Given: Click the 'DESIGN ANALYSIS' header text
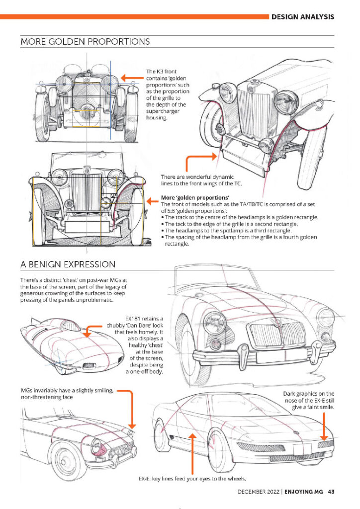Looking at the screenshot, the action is [x=302, y=17].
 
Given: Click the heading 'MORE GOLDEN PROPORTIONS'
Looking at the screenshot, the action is [x=85, y=42].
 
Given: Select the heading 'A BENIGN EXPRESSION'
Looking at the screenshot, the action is [x=68, y=264].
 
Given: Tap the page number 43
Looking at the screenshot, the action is [x=331, y=492].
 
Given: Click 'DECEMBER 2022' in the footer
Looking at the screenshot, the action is [x=259, y=492].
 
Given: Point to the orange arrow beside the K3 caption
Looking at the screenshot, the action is [x=132, y=78].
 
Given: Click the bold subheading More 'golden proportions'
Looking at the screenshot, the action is [x=195, y=197].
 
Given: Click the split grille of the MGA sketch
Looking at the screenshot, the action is [x=278, y=334].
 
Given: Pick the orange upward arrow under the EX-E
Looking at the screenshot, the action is [x=192, y=454].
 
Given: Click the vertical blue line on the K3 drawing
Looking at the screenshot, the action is [x=110, y=100].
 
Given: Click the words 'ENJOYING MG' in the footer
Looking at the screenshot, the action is [x=303, y=492].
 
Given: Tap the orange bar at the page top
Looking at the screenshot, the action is [x=134, y=16].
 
